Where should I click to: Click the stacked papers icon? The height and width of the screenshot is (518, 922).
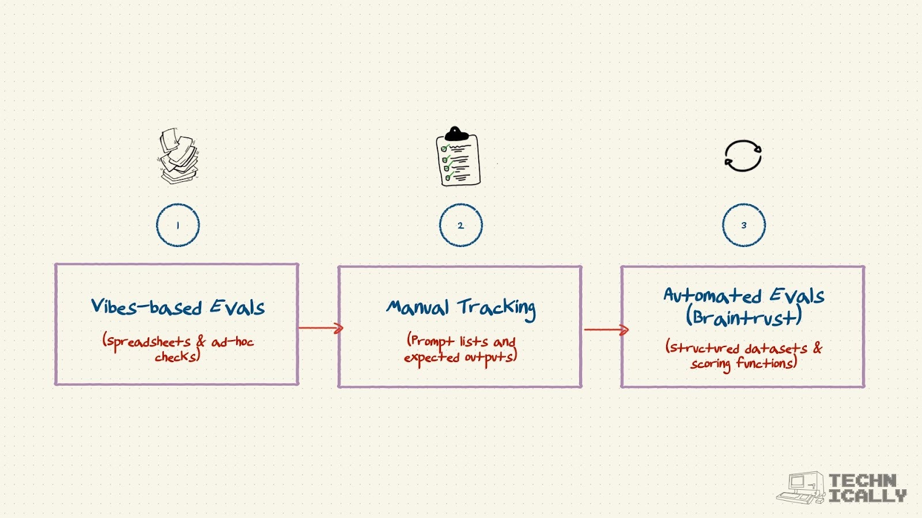178,157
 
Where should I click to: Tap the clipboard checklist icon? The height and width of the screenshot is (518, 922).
458,157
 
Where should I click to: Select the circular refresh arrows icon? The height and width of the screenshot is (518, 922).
743,156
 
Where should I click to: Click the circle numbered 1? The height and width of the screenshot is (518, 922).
178,225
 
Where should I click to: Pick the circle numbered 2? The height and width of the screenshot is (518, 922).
460,225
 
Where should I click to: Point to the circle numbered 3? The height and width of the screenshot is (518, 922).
744,225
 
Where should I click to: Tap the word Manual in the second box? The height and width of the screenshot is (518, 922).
417,308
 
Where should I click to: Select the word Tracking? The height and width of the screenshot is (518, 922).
497,308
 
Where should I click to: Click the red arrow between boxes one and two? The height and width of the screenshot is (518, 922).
321,328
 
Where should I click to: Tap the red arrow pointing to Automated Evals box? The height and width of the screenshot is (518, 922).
606,330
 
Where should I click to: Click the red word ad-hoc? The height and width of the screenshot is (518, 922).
232,342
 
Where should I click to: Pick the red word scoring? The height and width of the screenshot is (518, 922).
711,364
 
